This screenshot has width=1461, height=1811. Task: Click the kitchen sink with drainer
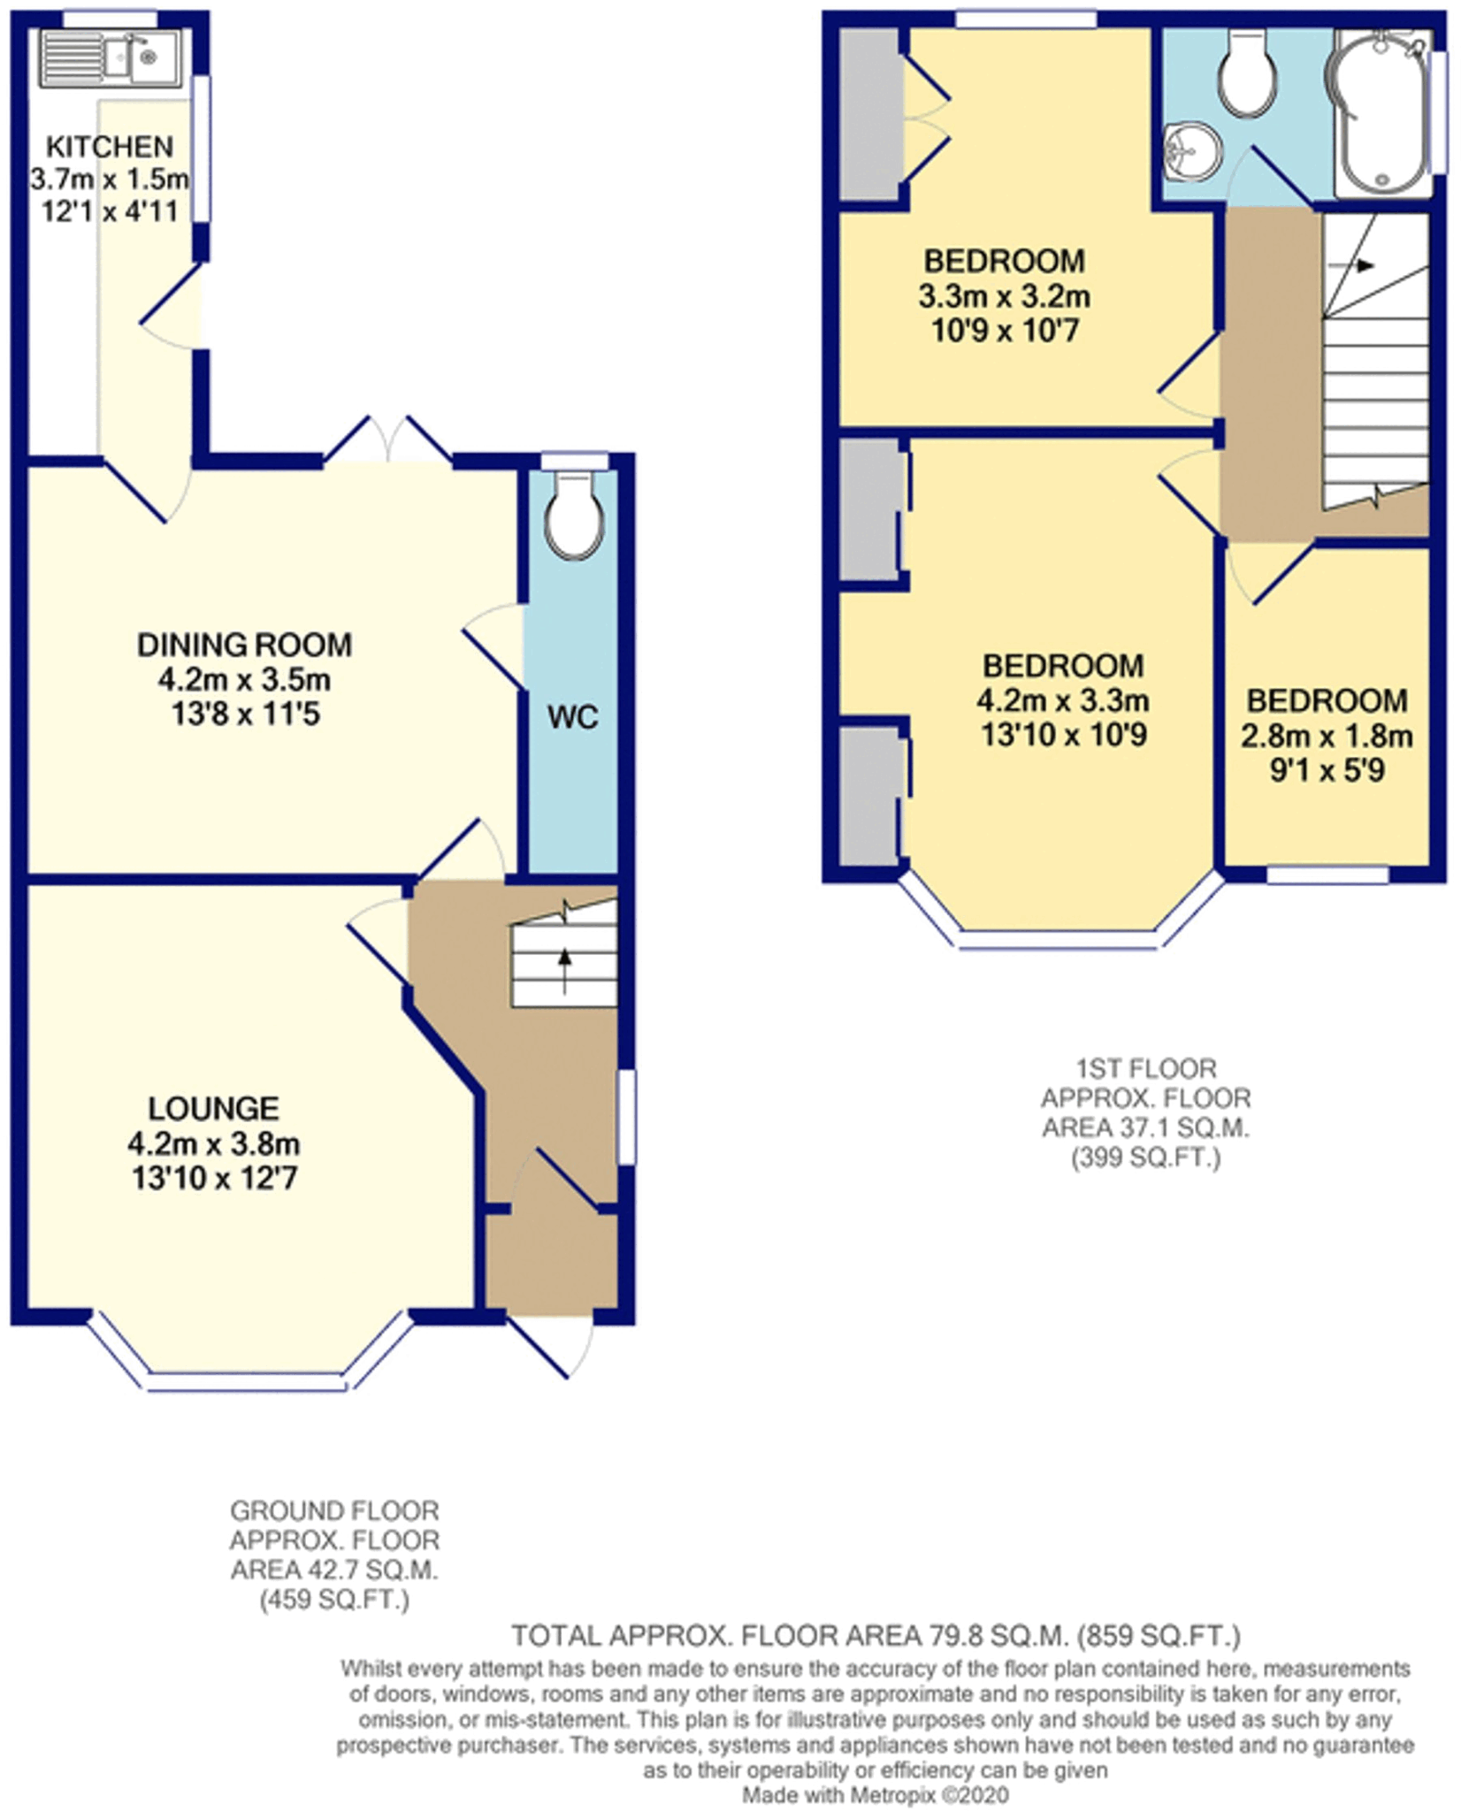(111, 57)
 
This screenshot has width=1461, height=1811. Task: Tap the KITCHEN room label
(110, 146)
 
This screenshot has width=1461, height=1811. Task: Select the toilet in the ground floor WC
(575, 522)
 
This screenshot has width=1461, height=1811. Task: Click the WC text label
(572, 717)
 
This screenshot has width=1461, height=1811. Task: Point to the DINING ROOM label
(244, 645)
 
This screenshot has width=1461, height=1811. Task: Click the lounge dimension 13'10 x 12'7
(214, 1179)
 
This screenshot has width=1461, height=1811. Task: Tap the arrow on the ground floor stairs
(564, 960)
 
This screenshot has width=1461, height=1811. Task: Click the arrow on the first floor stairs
(1363, 265)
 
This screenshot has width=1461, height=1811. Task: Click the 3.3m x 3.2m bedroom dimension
(1004, 296)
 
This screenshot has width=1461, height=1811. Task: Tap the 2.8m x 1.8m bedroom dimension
(1327, 736)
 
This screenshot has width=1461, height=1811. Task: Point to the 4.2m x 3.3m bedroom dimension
(1063, 701)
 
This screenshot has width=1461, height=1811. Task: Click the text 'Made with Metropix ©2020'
(875, 1796)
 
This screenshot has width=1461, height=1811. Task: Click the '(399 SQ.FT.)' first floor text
(1145, 1158)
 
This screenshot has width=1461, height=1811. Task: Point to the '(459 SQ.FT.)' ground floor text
(334, 1600)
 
